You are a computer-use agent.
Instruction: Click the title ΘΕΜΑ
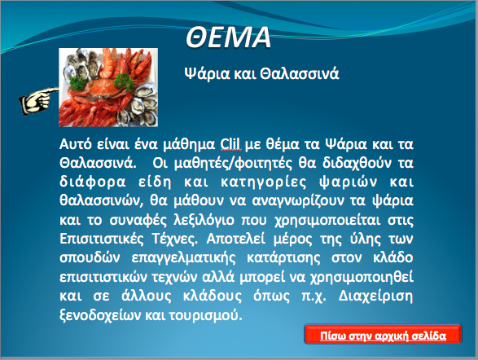(x=228, y=37)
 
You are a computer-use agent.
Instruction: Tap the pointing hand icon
(x=39, y=101)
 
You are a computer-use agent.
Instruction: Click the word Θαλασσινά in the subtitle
(x=300, y=74)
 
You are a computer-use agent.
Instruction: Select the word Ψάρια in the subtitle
(x=207, y=74)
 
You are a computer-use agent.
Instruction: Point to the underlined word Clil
(x=230, y=144)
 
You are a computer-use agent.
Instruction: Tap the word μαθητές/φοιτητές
(x=233, y=164)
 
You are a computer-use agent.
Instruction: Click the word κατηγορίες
(x=263, y=182)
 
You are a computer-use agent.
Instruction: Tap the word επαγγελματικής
(x=183, y=258)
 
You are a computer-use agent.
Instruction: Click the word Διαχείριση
(x=376, y=296)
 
